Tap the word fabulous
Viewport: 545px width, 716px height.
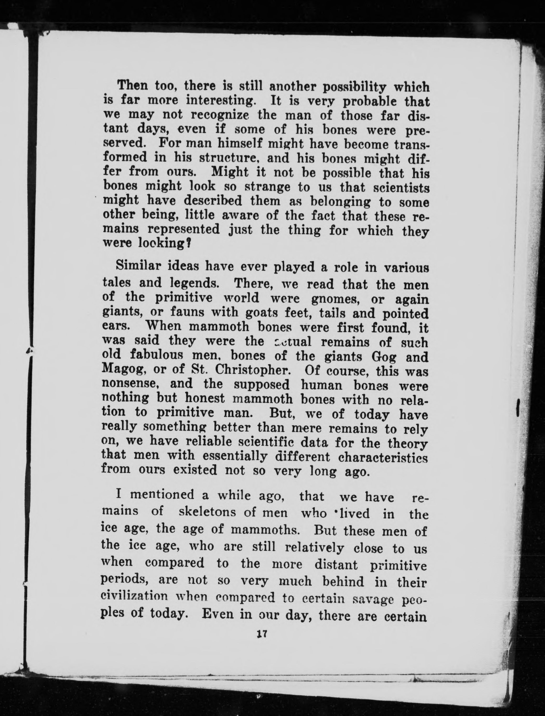pos(158,356)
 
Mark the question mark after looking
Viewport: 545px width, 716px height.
pos(188,245)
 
